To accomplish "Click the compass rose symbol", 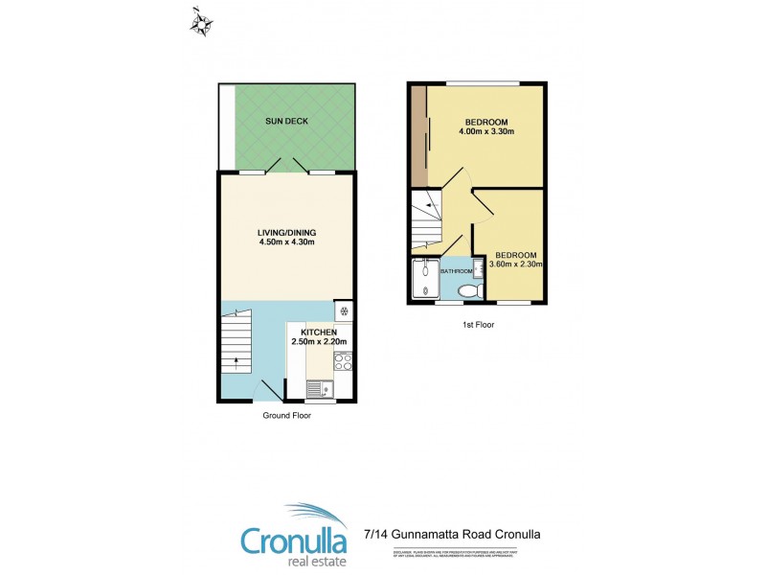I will [201, 22].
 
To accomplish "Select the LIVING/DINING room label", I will [286, 232].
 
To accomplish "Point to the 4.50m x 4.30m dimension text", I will [286, 242].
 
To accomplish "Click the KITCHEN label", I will [320, 332].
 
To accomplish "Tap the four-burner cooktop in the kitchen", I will [343, 362].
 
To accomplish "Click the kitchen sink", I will [318, 390].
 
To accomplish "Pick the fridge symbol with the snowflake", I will [344, 311].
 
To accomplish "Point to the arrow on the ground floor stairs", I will [237, 362].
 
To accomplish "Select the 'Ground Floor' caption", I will [287, 416].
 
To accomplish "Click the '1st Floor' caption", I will [476, 325].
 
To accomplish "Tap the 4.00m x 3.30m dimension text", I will [486, 132].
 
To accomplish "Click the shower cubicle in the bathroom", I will [423, 281].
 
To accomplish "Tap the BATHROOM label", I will [455, 271].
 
